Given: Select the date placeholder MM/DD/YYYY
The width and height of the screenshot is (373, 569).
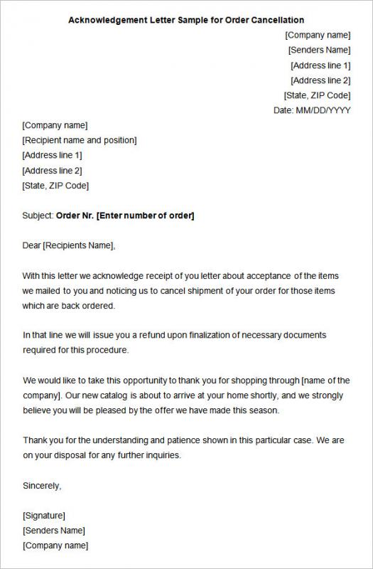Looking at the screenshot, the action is click(323, 110).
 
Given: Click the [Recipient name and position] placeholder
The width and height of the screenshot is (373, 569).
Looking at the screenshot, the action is click(80, 140).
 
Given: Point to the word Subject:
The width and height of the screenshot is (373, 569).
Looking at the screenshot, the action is click(38, 216).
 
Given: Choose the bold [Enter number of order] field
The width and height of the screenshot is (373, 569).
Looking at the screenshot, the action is click(145, 216).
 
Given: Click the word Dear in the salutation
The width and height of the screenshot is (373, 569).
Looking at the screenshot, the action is click(32, 245).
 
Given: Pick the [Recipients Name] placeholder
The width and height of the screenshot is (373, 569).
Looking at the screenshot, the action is click(78, 245).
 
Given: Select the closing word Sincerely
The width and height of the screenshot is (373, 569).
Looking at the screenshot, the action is click(42, 486).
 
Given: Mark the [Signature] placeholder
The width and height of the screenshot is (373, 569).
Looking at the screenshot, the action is click(44, 516).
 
